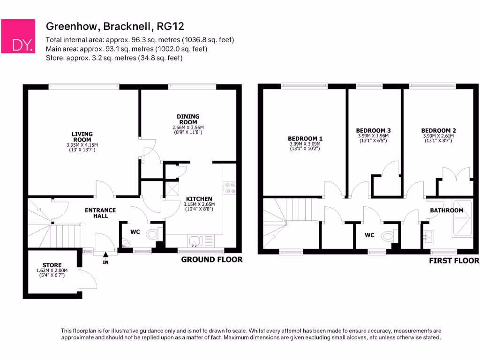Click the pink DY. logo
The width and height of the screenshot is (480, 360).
(18, 36)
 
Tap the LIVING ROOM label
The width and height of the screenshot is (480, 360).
(82, 136)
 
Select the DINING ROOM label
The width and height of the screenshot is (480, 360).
(188, 119)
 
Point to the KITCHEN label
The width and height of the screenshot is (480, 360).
(199, 199)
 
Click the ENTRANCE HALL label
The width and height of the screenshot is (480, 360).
(100, 213)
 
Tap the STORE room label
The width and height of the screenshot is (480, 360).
(52, 265)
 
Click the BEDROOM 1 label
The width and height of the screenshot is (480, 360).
(305, 138)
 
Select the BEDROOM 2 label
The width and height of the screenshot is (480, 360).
(438, 130)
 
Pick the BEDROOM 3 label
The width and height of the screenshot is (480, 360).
(373, 130)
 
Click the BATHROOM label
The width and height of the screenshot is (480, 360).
(447, 210)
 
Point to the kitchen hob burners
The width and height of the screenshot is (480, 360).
(230, 187)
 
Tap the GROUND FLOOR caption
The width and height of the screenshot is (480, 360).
(212, 259)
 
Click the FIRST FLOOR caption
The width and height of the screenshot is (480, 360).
(454, 261)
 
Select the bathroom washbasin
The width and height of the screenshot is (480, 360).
(428, 236)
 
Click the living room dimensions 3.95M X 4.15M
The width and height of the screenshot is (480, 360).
(82, 145)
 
